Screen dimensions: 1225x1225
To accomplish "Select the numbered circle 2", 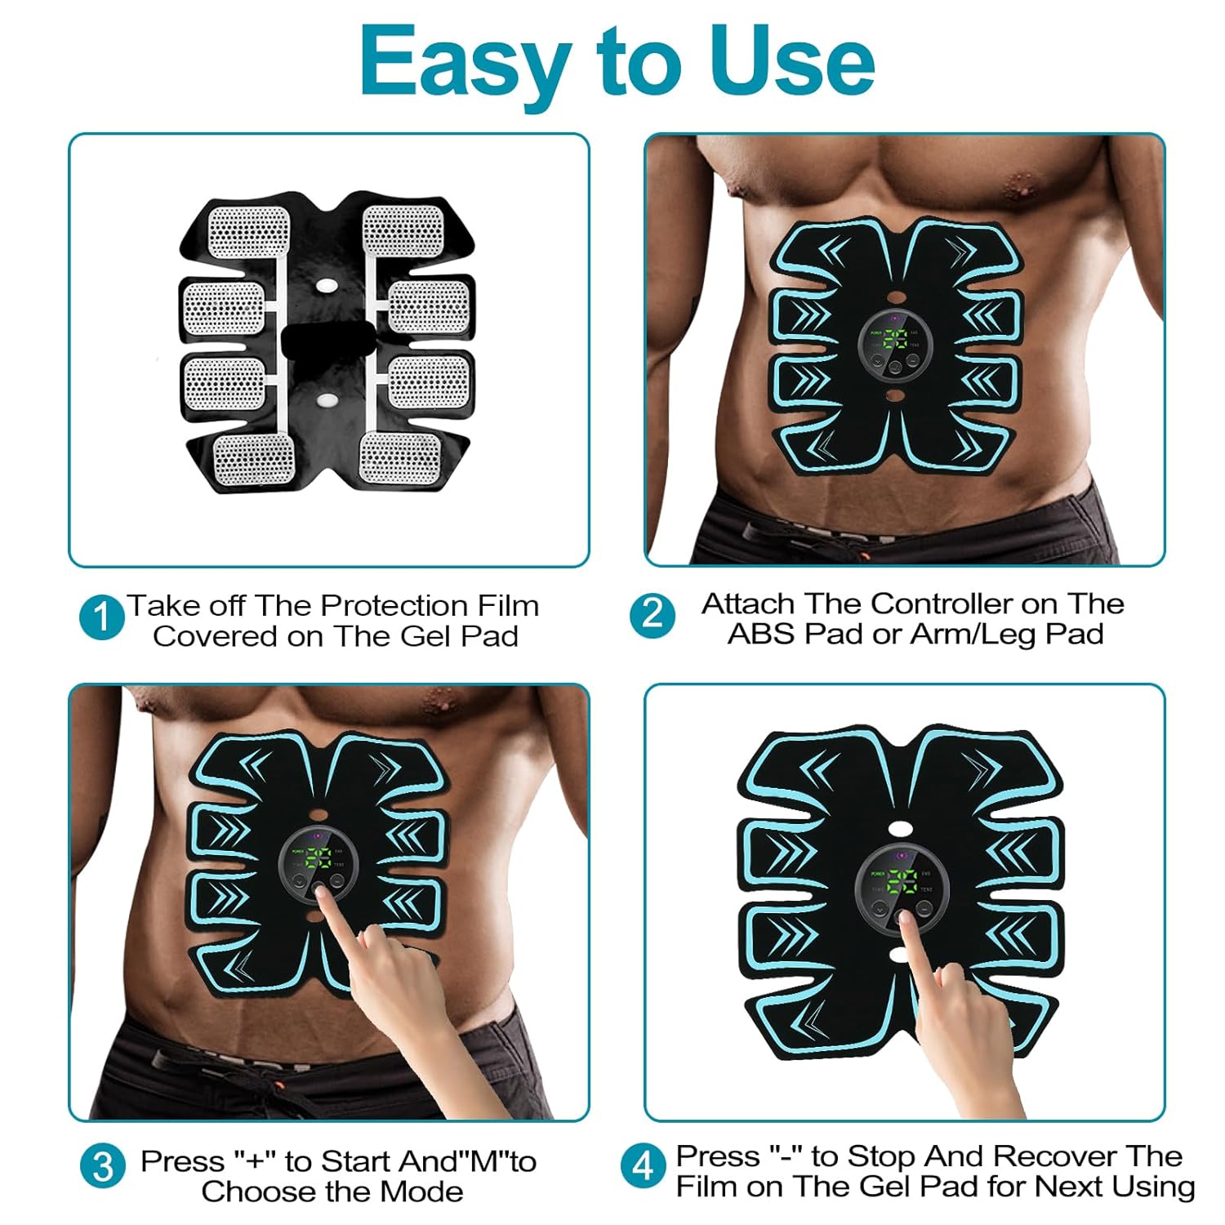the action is click(653, 614).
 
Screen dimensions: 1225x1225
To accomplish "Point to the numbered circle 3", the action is click(103, 1166).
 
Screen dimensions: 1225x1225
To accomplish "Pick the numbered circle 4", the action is click(643, 1166).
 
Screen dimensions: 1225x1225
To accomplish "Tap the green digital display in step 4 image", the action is click(902, 880).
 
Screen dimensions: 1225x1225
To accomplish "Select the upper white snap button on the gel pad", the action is click(327, 287).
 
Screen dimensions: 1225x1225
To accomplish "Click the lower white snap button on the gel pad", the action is click(327, 401).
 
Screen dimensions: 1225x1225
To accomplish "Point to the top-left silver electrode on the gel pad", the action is click(249, 232).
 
